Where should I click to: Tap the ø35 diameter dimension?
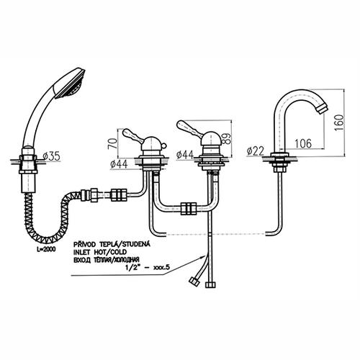tap(52, 156)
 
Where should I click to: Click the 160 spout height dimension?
tap(339, 122)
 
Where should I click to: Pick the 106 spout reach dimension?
tap(303, 143)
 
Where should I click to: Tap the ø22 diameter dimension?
tap(256, 151)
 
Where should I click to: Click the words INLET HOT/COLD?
tap(100, 252)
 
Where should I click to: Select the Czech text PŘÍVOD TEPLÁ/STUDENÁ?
tap(112, 244)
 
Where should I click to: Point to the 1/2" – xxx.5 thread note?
tap(148, 267)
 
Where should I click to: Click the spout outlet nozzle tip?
tap(322, 109)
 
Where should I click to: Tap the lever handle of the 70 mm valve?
tap(132, 135)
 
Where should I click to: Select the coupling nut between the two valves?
tap(189, 208)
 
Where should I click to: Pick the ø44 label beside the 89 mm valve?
tap(185, 155)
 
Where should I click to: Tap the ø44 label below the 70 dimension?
tap(119, 164)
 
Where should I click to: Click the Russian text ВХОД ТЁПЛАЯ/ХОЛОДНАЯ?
tap(107, 260)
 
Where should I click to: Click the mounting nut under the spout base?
tap(280, 170)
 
